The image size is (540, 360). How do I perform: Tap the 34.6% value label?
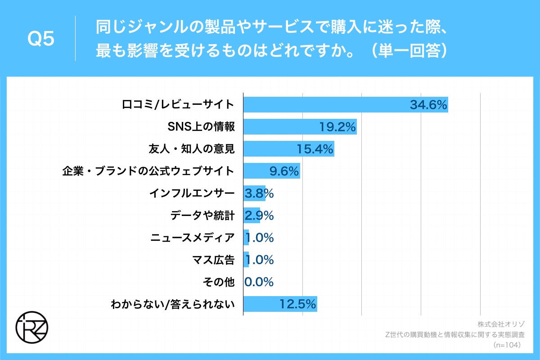(428, 105)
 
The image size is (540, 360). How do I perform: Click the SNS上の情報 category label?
(201, 127)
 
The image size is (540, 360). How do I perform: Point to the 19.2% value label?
(338, 127)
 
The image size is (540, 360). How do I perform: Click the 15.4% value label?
(315, 149)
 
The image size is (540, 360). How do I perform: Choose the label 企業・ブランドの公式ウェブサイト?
(148, 171)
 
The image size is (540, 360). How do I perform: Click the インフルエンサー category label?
(192, 193)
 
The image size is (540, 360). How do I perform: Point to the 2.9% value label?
(259, 216)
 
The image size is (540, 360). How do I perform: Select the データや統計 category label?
(202, 216)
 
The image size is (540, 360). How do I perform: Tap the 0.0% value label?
(259, 282)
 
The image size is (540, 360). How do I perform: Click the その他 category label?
(219, 282)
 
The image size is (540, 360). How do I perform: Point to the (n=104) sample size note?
(508, 345)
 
